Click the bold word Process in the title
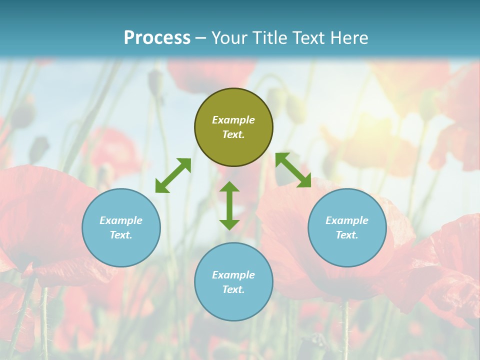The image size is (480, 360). click(157, 38)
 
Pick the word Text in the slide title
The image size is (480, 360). click(309, 38)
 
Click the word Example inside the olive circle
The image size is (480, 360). click(233, 120)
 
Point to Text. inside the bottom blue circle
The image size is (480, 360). click(233, 289)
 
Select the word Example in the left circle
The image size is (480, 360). click(121, 220)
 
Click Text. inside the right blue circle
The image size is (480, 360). click(347, 235)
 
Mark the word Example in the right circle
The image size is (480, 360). click(347, 220)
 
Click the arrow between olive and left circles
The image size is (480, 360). click(173, 175)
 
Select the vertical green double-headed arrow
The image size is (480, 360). click(229, 205)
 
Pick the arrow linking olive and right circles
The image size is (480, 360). click(293, 170)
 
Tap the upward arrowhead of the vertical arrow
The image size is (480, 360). click(229, 187)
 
